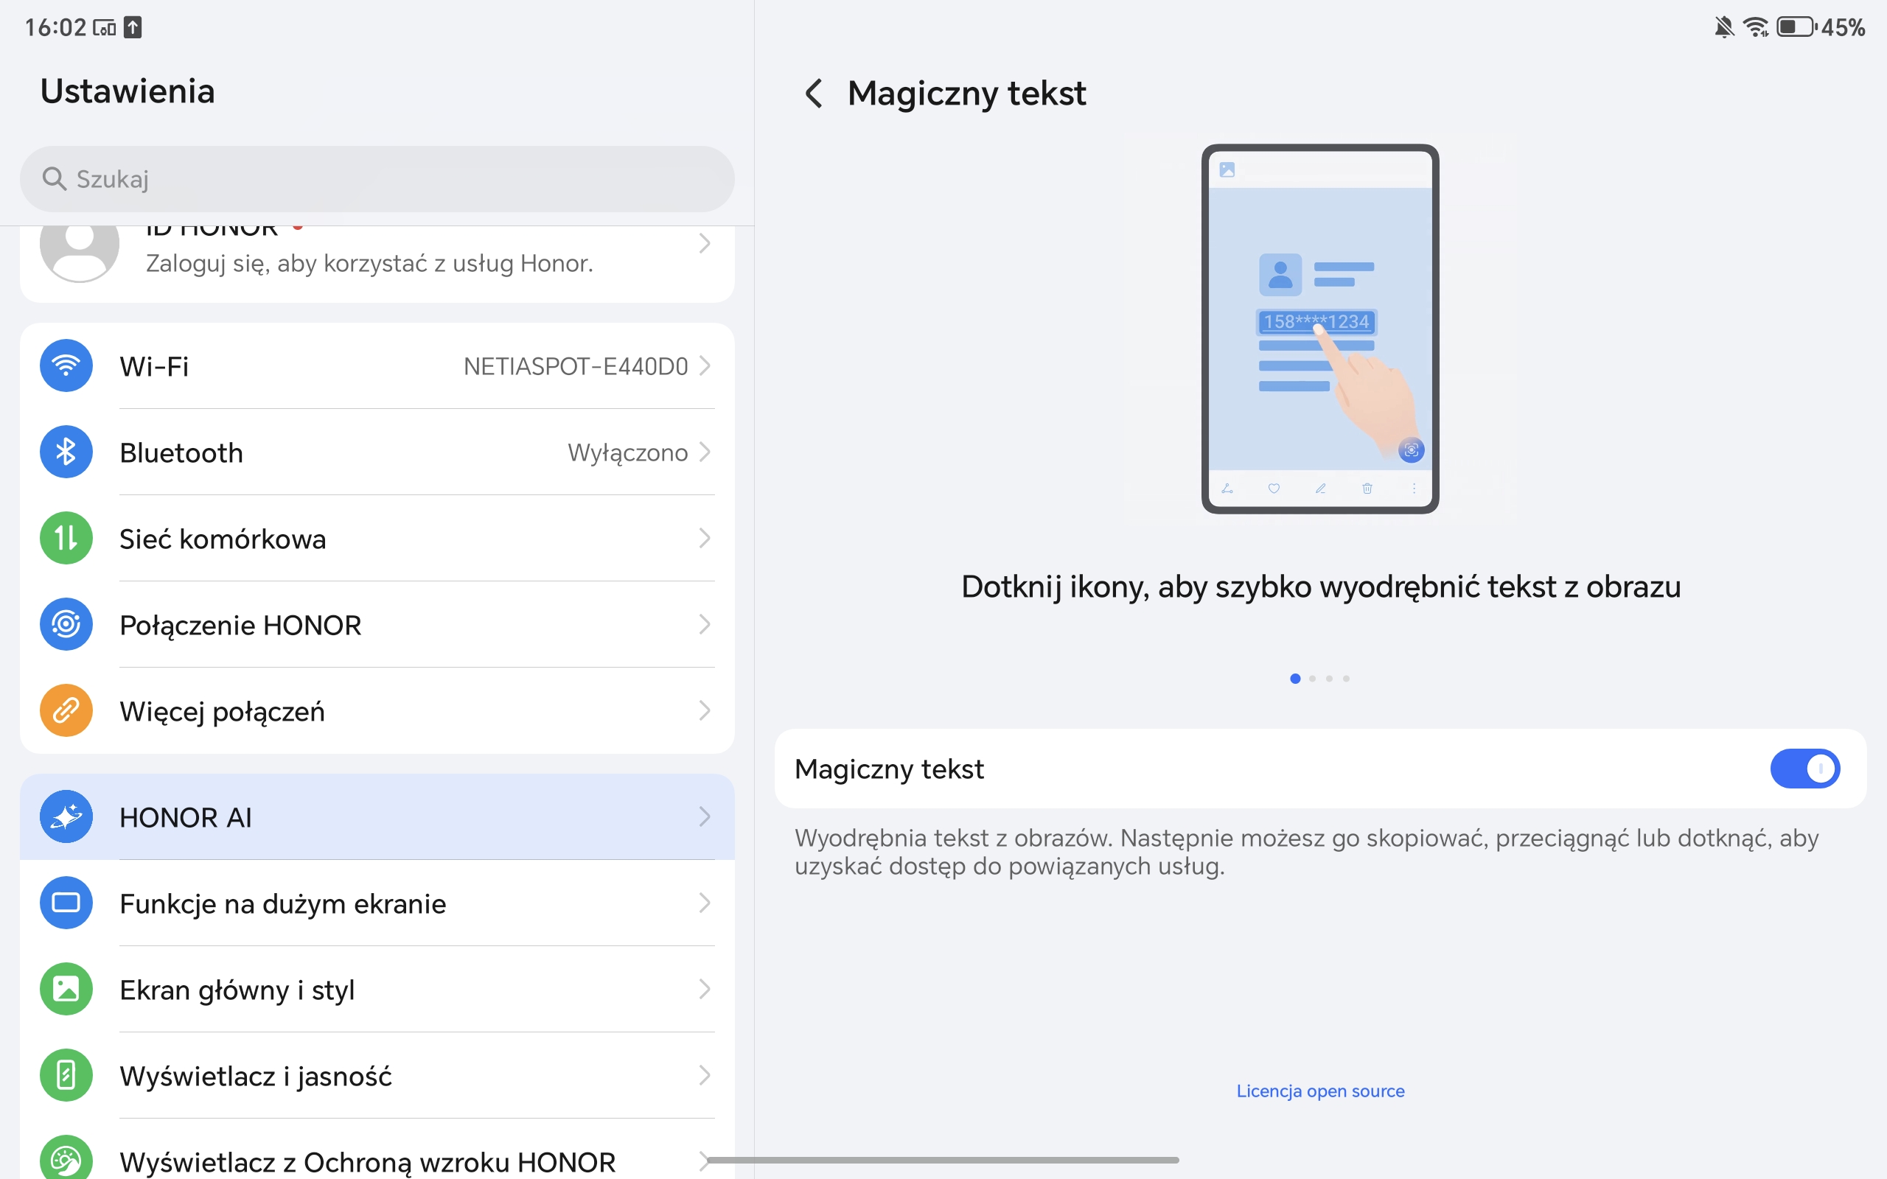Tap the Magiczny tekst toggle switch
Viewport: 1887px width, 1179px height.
[1804, 769]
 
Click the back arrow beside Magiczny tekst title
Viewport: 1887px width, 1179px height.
[813, 94]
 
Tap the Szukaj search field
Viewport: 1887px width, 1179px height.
[377, 178]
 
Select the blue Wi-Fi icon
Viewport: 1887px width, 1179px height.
[66, 365]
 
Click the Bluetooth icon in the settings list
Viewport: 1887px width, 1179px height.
[66, 452]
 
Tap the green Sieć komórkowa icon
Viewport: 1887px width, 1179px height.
[66, 538]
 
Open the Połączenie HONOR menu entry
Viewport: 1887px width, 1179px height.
[240, 625]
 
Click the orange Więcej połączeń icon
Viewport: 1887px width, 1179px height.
[66, 710]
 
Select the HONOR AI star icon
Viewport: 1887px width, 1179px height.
[66, 816]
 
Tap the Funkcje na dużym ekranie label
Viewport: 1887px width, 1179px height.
[282, 903]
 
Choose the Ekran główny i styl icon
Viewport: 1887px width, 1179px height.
[66, 989]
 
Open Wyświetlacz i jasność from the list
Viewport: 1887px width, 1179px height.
[255, 1076]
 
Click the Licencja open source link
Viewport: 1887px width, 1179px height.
[1320, 1091]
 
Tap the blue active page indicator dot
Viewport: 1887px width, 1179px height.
[1295, 679]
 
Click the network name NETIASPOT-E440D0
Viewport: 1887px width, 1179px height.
[576, 366]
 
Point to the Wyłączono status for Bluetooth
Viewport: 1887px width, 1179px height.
[628, 453]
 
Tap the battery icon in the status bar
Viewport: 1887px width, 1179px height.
[1796, 27]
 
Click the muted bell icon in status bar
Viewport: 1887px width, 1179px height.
[1724, 27]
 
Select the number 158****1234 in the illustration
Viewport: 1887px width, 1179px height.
[1316, 321]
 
